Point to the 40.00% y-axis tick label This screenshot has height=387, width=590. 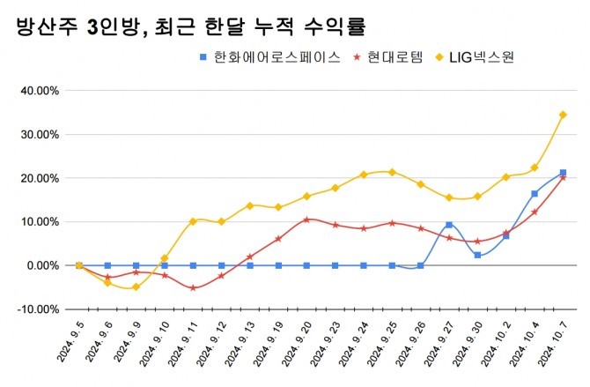[39, 91]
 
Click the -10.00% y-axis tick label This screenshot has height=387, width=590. [38, 309]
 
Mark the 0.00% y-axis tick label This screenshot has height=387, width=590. [42, 265]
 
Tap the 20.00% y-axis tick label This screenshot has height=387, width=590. [39, 178]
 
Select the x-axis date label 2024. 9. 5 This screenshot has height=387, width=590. [68, 345]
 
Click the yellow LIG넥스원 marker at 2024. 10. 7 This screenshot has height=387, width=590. [563, 115]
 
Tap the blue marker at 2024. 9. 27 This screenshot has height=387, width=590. [449, 225]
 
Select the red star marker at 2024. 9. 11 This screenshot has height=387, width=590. [193, 287]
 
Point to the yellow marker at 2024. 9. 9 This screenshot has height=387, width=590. [136, 287]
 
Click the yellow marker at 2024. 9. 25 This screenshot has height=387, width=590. [392, 172]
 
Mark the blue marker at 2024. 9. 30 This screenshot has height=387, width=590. [477, 255]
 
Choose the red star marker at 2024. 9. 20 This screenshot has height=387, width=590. [306, 220]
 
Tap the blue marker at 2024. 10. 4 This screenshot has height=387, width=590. [535, 194]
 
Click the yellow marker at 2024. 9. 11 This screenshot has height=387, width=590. [193, 221]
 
